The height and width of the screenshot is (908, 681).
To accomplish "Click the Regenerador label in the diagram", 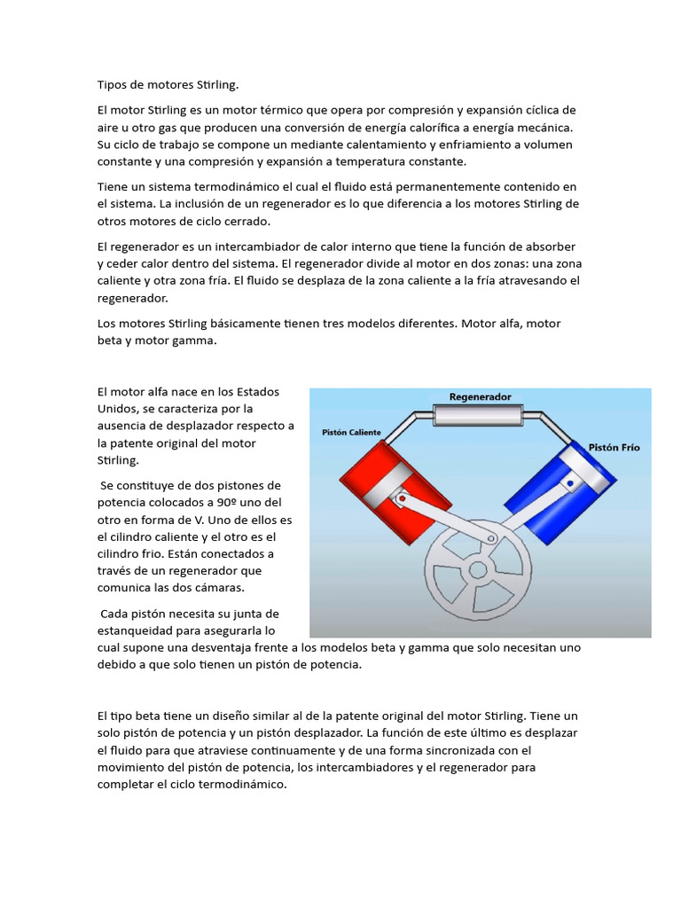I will coord(480,397).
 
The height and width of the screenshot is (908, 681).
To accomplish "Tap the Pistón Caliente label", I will coord(351,433).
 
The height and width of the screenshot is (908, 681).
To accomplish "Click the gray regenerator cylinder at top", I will coord(480,415).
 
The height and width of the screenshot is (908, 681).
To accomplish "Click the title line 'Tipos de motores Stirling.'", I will coord(168,85).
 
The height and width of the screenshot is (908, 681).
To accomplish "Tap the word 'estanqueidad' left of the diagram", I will coord(141,630).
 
